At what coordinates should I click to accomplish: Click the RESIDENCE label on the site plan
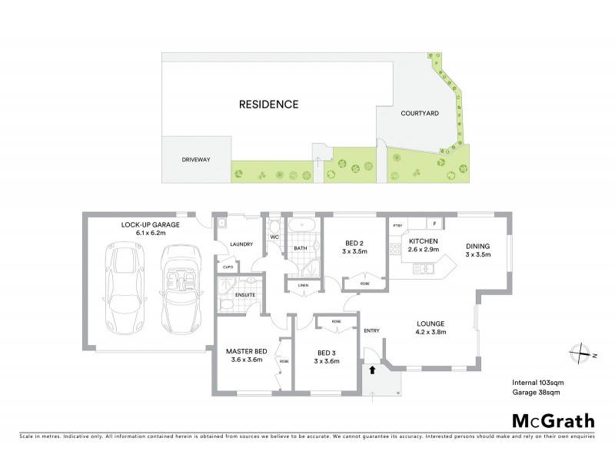tap(268, 104)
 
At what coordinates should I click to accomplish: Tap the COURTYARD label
tap(420, 114)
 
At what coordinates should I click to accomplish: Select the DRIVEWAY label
tap(196, 160)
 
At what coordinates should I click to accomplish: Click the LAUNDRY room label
tap(241, 244)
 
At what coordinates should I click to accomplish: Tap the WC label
tap(274, 237)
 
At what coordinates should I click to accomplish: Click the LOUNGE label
tap(431, 323)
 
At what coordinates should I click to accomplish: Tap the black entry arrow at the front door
tap(372, 370)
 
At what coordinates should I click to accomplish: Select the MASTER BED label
tap(245, 351)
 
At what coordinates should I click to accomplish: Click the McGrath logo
tap(553, 420)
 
